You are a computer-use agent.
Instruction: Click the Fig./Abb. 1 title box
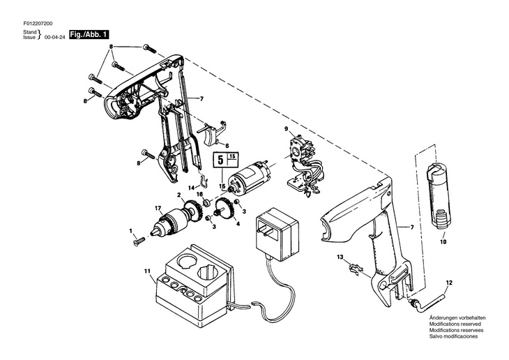coord(89,33)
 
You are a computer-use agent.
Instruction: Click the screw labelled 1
coord(138,241)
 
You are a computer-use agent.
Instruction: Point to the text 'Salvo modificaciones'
coord(450,336)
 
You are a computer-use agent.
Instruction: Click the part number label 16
coord(199,194)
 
